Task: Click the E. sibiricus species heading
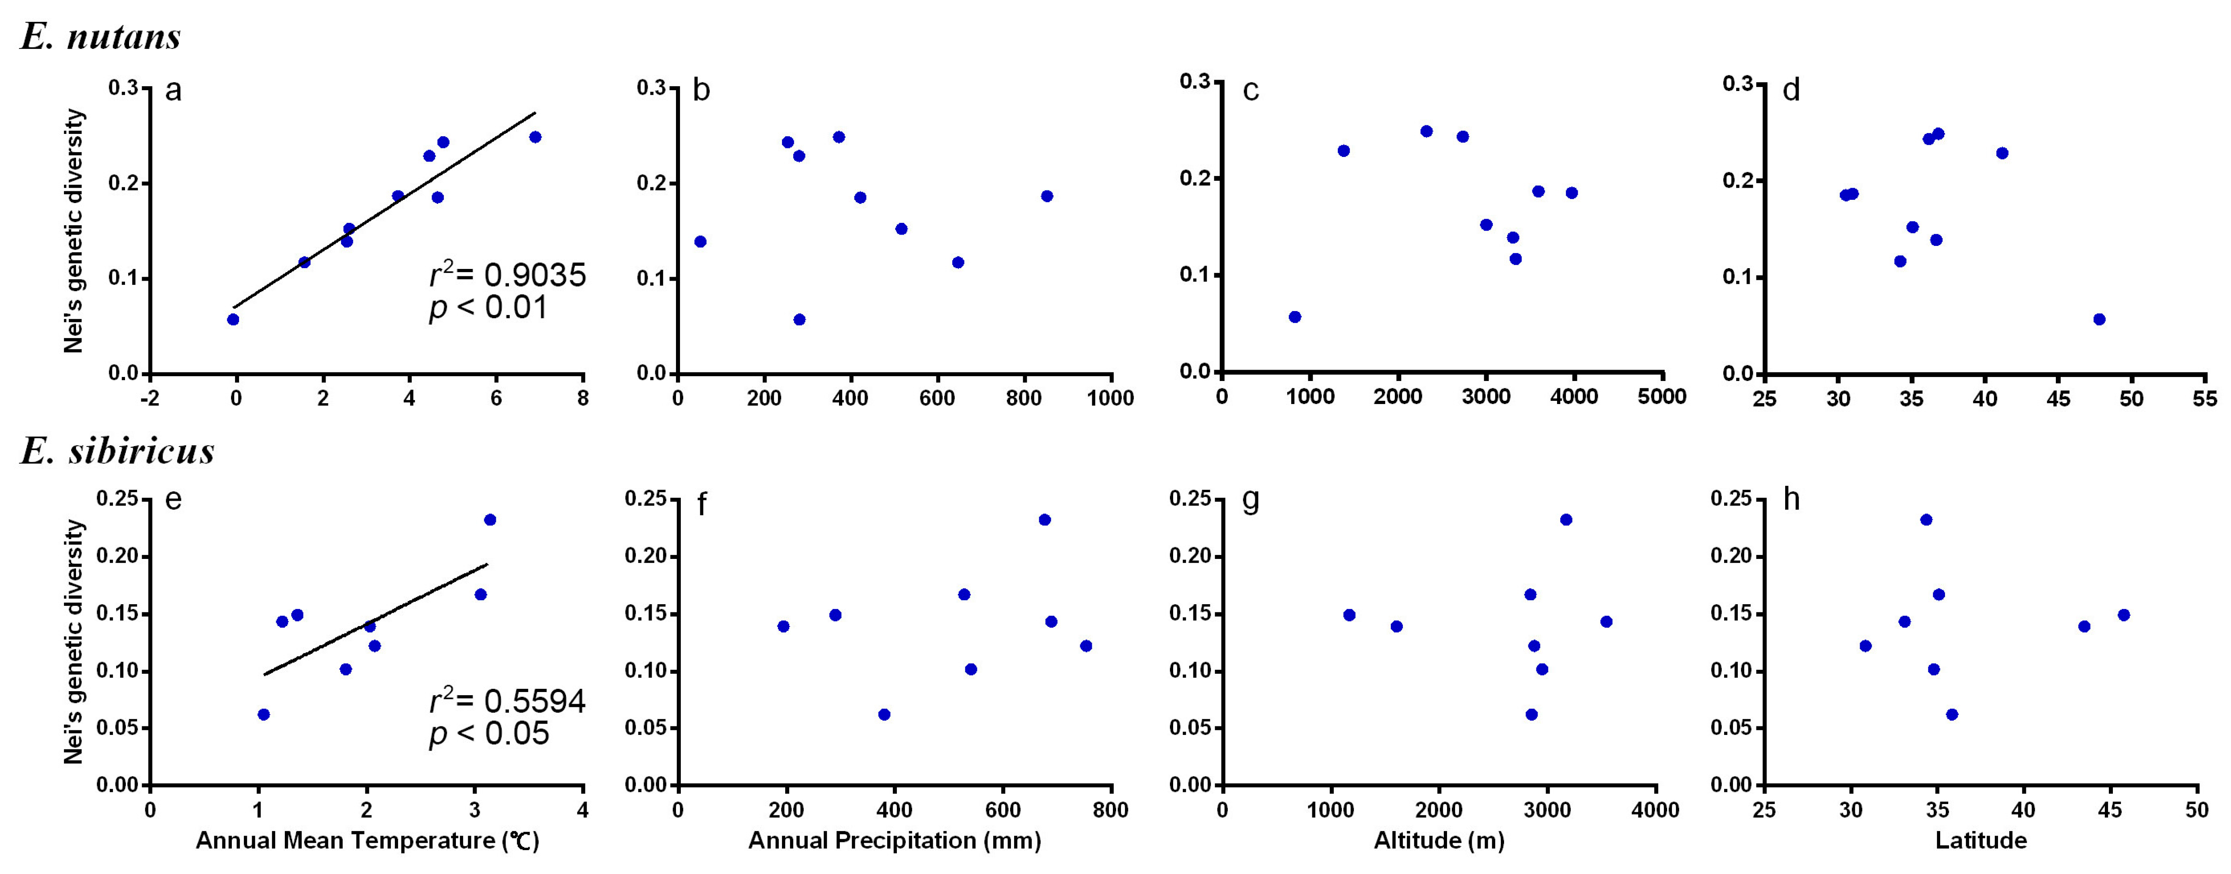(117, 451)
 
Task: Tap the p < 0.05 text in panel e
(489, 734)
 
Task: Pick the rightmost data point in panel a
(535, 137)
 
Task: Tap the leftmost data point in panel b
(700, 242)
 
